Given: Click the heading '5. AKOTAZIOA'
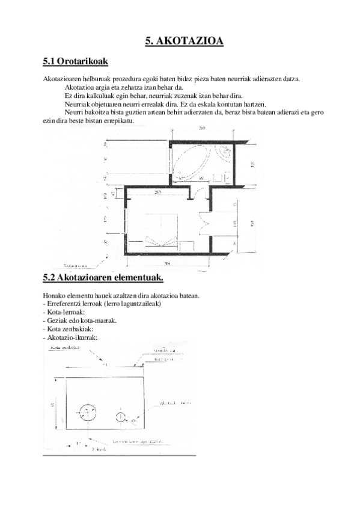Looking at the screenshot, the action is [185, 41].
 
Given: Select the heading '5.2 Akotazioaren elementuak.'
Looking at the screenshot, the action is [103, 277].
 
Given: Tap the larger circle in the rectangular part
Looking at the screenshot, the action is [88, 412].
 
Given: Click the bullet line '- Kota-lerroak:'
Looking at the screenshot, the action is [64, 312].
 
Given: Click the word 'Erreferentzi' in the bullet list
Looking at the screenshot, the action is [63, 304].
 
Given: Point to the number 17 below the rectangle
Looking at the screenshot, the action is [78, 443].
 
